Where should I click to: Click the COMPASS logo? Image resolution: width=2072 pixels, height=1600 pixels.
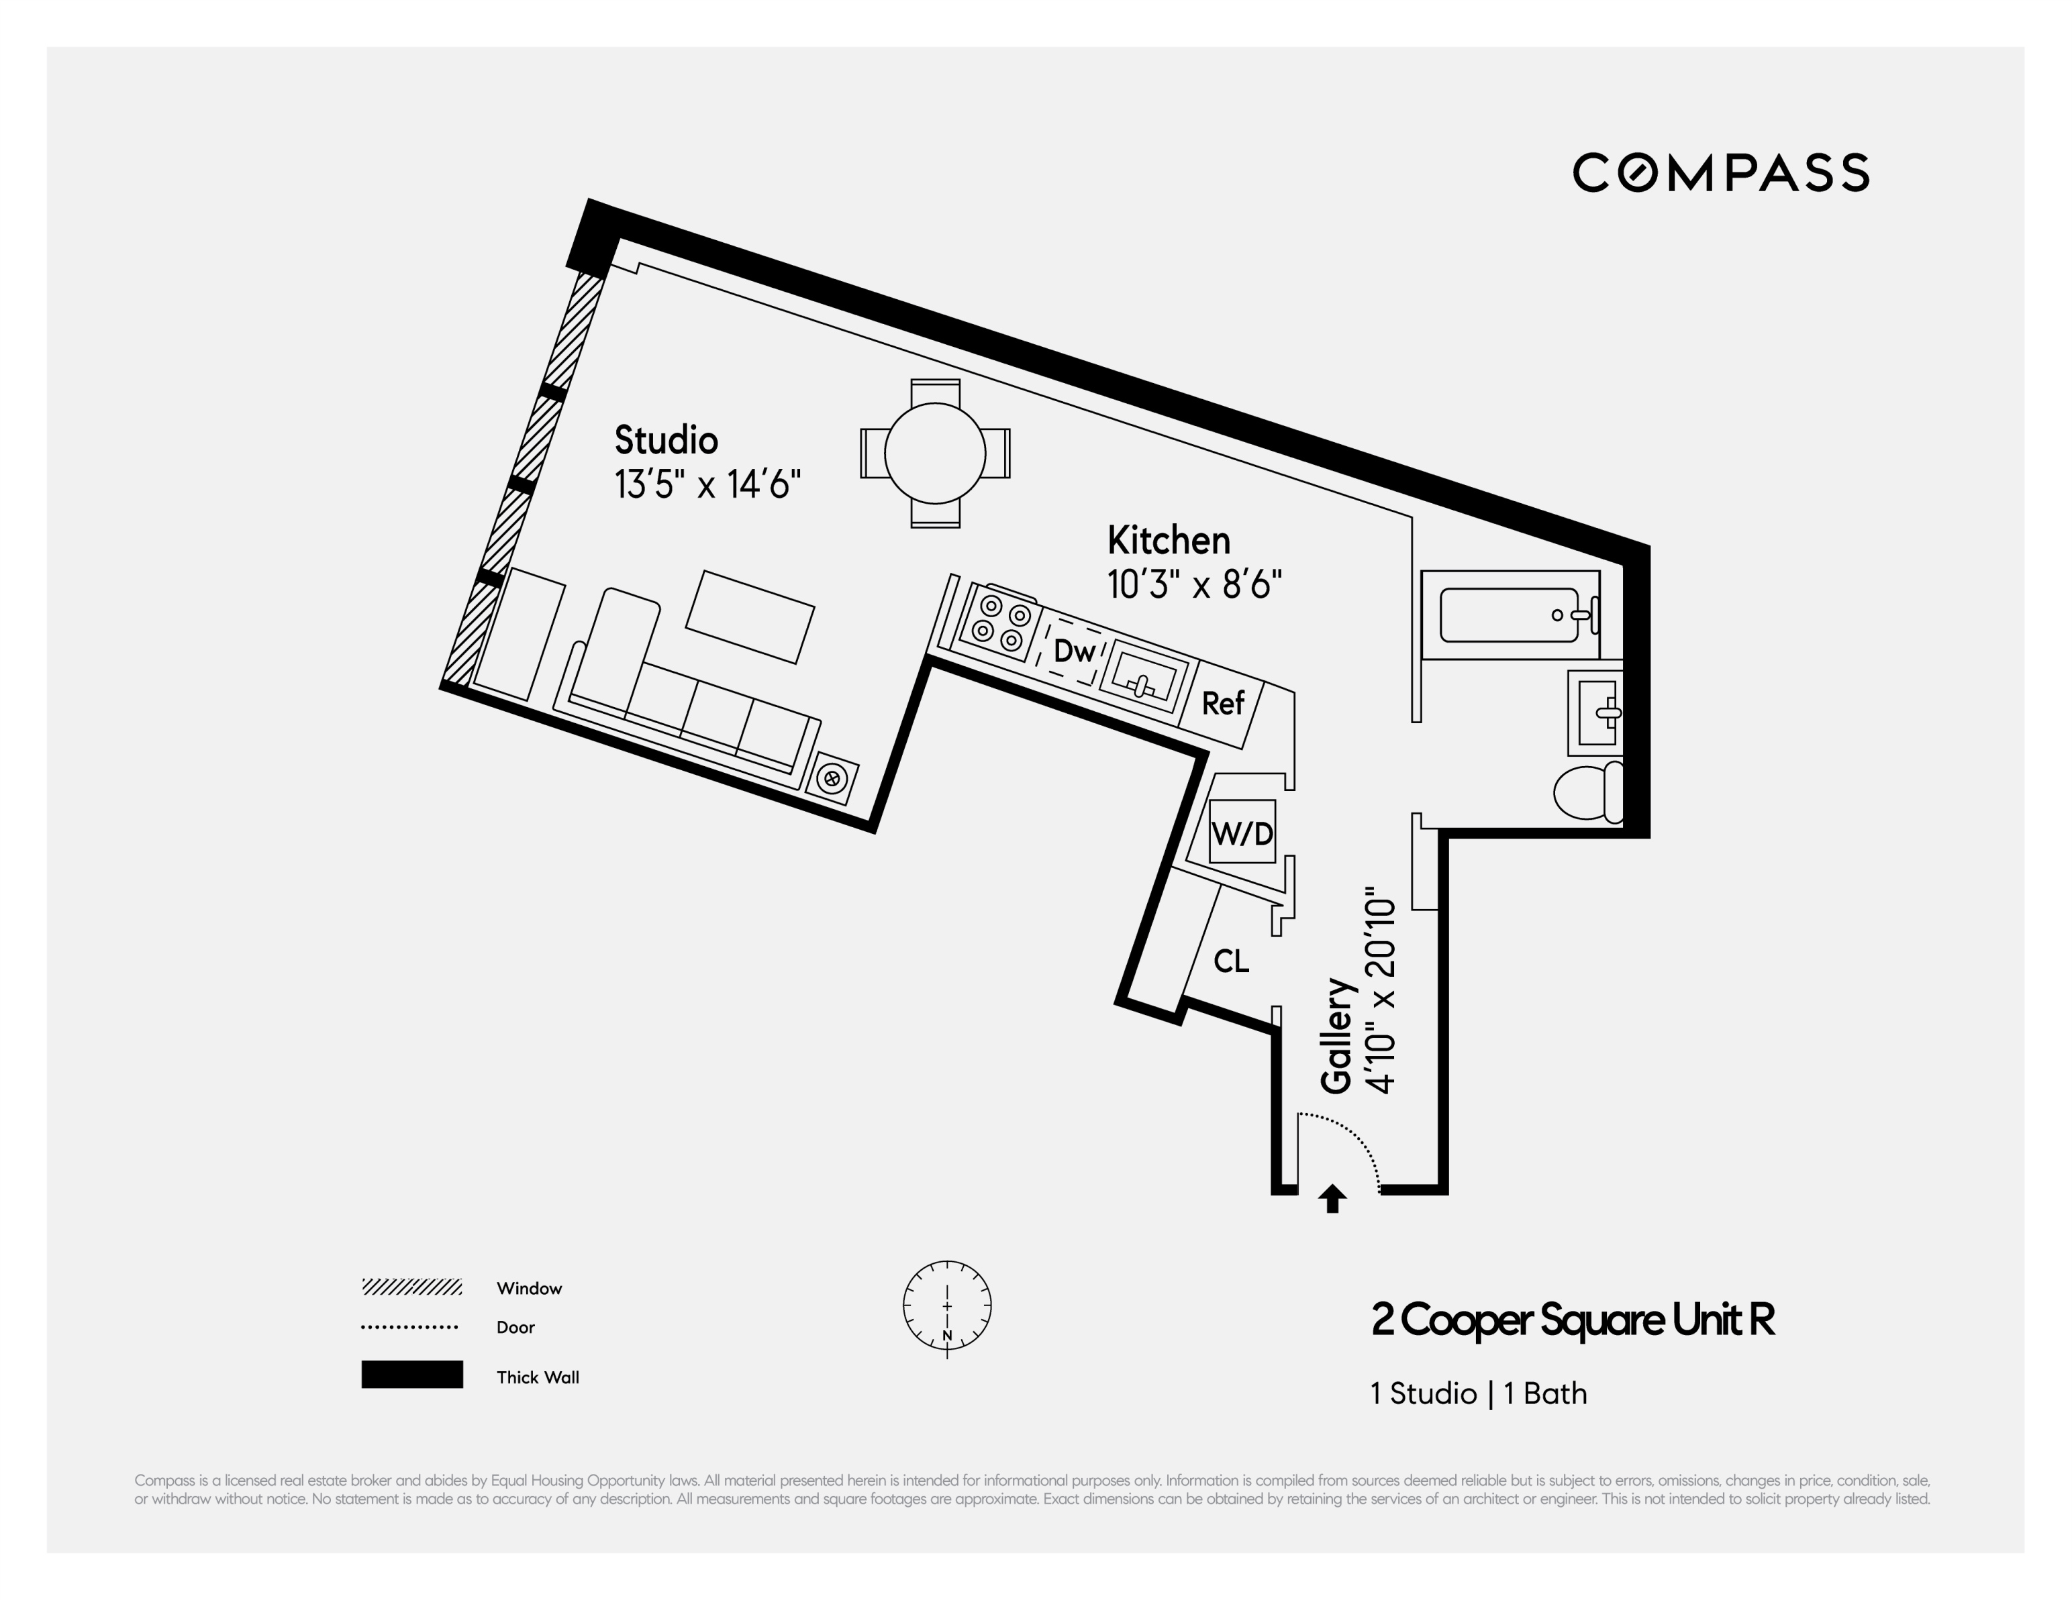[1720, 172]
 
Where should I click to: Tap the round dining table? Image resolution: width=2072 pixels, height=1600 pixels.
[934, 454]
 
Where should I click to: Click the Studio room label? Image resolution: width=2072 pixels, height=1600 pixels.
[666, 440]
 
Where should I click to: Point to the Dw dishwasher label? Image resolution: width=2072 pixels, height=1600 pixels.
[1074, 651]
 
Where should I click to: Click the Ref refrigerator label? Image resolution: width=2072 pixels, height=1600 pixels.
[1222, 704]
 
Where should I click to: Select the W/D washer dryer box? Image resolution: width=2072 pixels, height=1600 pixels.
[1242, 833]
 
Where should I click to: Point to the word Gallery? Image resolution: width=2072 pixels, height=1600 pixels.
[1336, 1036]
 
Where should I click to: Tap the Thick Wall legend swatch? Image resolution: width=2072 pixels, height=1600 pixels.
[411, 1375]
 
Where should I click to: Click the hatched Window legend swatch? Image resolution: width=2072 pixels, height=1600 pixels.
[411, 1287]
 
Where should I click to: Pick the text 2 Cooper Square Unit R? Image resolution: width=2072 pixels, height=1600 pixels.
[1572, 1320]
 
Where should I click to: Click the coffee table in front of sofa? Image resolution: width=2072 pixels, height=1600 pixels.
[750, 617]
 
